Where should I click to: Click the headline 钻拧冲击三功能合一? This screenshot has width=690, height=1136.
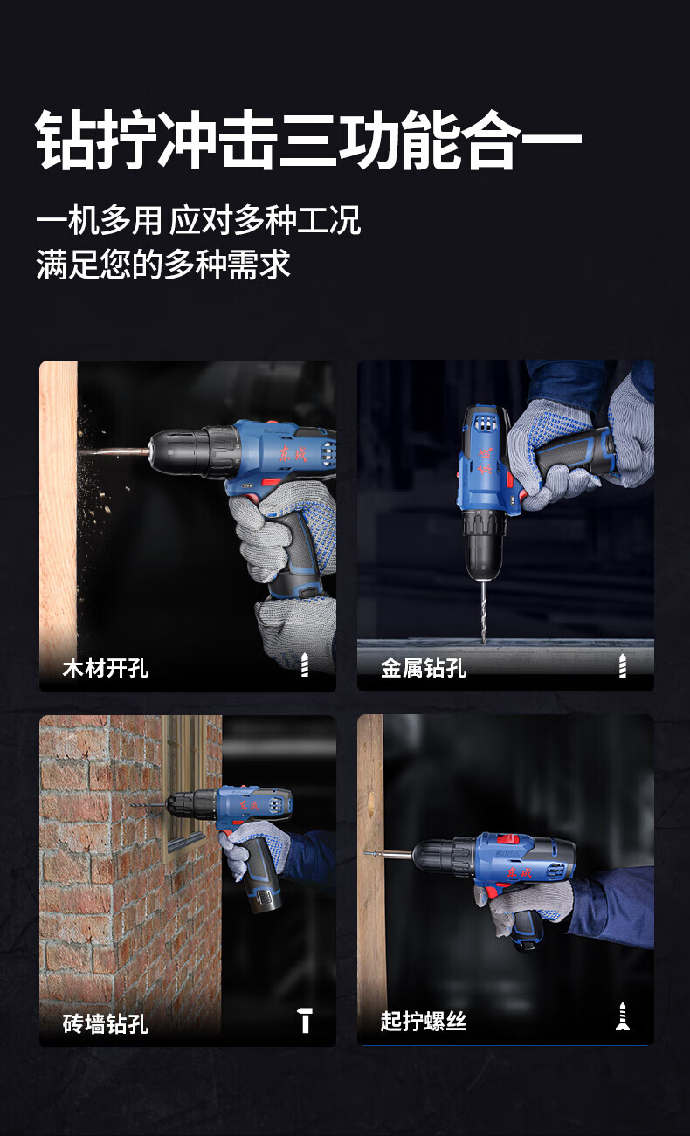pyautogui.click(x=308, y=140)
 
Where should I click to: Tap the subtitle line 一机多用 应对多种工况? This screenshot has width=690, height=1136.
pyautogui.click(x=198, y=220)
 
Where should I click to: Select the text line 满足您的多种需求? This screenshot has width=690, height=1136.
pyautogui.click(x=162, y=265)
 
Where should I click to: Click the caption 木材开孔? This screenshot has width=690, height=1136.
pyautogui.click(x=106, y=668)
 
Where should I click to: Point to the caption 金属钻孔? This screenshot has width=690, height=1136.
pyautogui.click(x=424, y=667)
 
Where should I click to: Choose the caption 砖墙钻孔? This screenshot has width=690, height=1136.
pyautogui.click(x=106, y=1023)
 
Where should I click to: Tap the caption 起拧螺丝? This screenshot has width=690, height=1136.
pyautogui.click(x=424, y=1021)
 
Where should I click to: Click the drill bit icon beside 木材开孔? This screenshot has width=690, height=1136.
pyautogui.click(x=305, y=664)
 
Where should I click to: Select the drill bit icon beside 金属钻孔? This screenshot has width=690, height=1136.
pyautogui.click(x=623, y=665)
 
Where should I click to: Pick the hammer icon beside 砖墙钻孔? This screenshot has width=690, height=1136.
pyautogui.click(x=305, y=1021)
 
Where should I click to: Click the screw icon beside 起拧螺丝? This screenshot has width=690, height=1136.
pyautogui.click(x=623, y=1016)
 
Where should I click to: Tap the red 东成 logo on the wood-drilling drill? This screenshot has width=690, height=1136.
pyautogui.click(x=293, y=454)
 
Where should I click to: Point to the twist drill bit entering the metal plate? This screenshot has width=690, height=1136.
pyautogui.click(x=483, y=611)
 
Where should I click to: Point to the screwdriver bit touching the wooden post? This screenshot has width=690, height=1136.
pyautogui.click(x=388, y=854)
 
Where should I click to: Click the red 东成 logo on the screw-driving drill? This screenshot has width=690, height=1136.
pyautogui.click(x=519, y=872)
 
